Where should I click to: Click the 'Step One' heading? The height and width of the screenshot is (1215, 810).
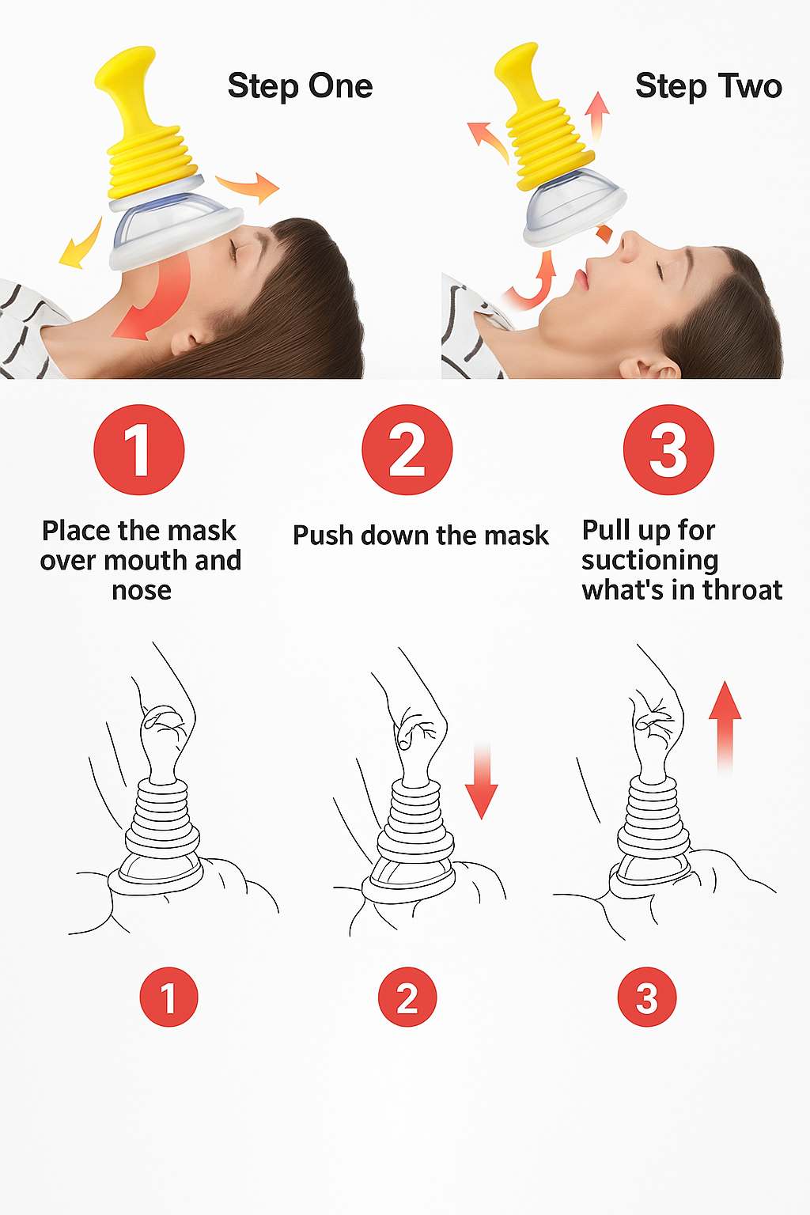point(300,86)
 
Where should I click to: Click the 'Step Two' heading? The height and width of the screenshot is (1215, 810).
point(709,86)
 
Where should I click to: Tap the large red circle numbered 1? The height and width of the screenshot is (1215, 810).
point(139,449)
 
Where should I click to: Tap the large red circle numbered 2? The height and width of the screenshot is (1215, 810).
point(407,449)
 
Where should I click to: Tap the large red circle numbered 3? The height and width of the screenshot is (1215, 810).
point(668,449)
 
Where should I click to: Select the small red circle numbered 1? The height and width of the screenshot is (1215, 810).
point(168,997)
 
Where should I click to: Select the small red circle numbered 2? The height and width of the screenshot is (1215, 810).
point(407,997)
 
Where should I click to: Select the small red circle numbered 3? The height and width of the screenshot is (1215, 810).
point(647,997)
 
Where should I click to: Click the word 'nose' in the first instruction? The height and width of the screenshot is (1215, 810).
point(141,590)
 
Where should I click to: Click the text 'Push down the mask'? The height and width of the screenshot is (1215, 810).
point(421,536)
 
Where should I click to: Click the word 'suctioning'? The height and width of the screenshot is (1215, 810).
point(650,560)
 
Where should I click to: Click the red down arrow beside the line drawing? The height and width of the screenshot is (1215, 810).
point(481,782)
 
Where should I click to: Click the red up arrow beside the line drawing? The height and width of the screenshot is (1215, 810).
point(725,727)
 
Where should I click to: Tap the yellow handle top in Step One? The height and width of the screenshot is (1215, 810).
point(126,68)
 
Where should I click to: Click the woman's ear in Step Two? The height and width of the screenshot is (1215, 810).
point(649,368)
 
